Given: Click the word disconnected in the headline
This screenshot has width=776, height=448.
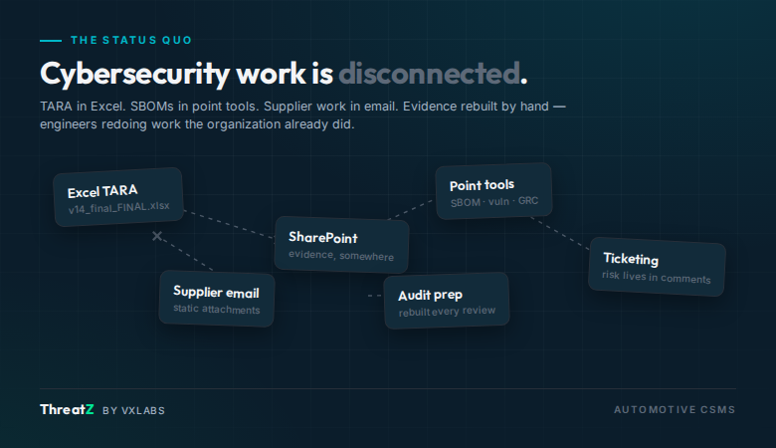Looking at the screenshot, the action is (x=430, y=74).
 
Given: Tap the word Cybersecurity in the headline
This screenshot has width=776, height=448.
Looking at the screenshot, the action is (x=134, y=75).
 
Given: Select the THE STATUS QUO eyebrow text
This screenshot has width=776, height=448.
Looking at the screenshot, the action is (x=131, y=40).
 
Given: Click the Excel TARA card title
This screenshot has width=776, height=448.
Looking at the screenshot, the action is (x=102, y=191).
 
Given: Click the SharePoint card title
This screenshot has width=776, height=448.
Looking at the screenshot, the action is (x=323, y=238).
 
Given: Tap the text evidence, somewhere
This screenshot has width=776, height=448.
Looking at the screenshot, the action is (x=341, y=256).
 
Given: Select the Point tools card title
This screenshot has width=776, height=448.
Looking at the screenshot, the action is (x=483, y=185).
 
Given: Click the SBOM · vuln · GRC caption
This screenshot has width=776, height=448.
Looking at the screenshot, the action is (x=494, y=201).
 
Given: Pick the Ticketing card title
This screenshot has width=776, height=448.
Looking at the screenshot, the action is (x=631, y=259).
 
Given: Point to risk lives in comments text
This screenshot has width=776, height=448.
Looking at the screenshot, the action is (x=657, y=277).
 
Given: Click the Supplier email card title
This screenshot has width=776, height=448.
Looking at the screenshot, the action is (x=216, y=292).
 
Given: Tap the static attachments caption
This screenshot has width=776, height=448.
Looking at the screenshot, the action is (x=216, y=309).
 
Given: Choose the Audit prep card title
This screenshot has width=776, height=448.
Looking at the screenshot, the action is (x=430, y=296).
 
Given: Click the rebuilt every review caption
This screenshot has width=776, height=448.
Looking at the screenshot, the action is (x=447, y=311).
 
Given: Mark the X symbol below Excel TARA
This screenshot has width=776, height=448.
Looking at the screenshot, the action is (x=157, y=236).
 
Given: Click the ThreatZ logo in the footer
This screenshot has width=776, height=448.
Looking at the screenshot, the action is (x=67, y=409).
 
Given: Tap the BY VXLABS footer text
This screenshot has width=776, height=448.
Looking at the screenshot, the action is (x=133, y=410).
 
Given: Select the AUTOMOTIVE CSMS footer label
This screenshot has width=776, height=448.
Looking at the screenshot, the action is (x=675, y=410).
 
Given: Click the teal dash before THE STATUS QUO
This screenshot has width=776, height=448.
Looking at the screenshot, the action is (x=51, y=41).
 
